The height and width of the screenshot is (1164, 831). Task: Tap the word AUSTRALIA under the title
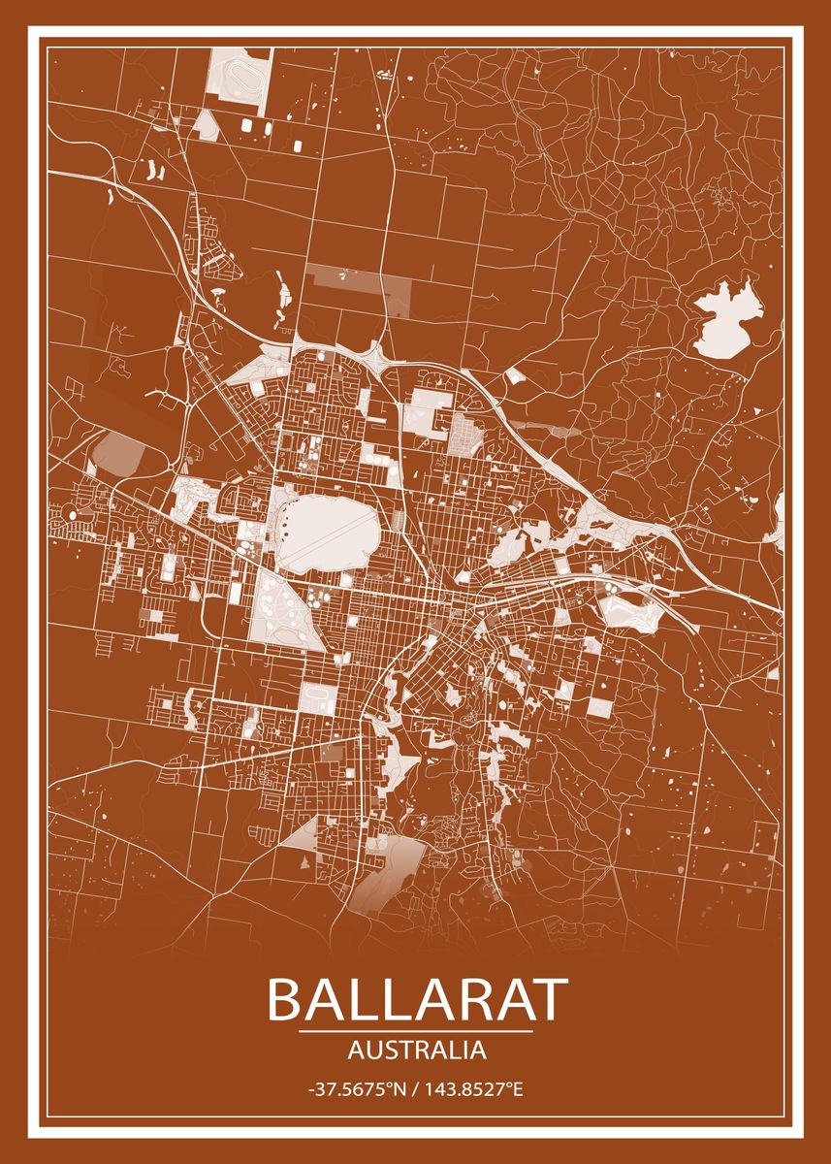416,1050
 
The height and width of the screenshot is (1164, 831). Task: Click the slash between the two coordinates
416,1090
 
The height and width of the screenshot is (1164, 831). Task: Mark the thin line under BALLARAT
416,1032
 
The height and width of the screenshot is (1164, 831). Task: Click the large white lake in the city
326,530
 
